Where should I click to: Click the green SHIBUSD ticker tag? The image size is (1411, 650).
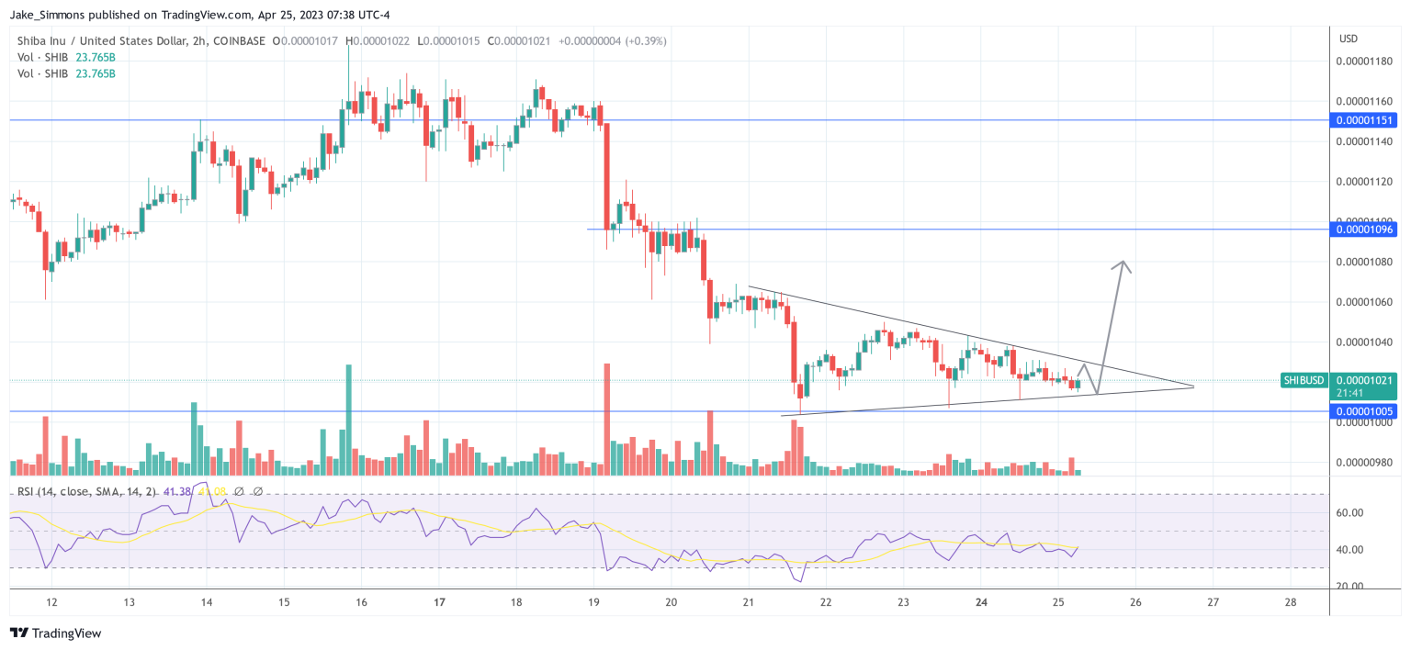pos(1304,380)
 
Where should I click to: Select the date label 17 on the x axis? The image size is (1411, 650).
pos(439,602)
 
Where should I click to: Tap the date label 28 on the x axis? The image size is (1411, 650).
pos(1291,602)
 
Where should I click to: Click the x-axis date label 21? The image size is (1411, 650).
pos(749,602)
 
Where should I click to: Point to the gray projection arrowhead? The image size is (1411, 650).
pos(1122,266)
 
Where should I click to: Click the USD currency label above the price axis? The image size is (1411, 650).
pos(1349,39)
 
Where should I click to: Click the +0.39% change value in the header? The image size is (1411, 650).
pos(646,41)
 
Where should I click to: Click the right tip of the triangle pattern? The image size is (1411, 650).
pos(1193,387)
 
